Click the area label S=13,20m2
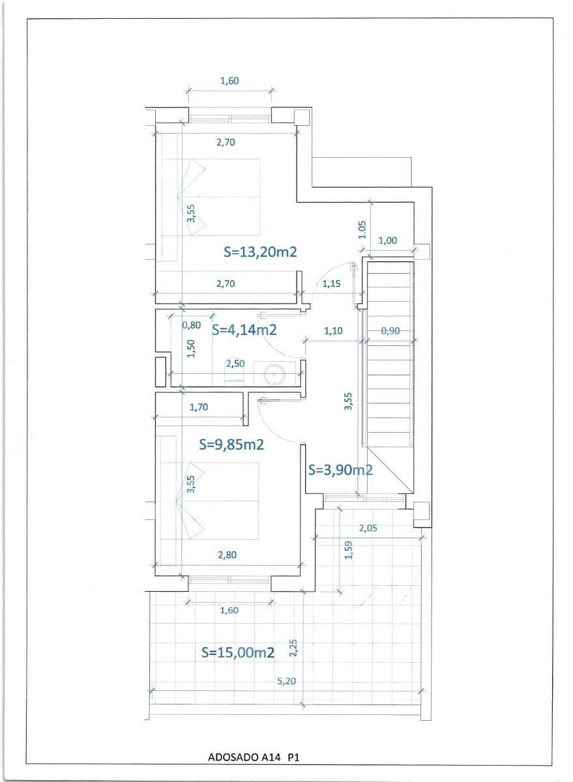point(260,252)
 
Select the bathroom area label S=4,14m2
point(244,330)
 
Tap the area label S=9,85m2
point(231,444)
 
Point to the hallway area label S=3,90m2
point(340,470)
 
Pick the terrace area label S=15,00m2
point(237,652)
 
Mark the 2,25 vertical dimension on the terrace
point(293,648)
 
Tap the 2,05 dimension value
point(368,528)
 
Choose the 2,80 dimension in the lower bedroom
point(228,555)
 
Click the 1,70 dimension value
point(198,407)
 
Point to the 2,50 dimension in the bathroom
point(235,364)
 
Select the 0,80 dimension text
point(191,325)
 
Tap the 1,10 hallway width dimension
point(333,331)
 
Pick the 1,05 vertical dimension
point(363,229)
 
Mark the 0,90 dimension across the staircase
point(390,331)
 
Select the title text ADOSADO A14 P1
point(253,757)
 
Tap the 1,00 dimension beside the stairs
point(387,240)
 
